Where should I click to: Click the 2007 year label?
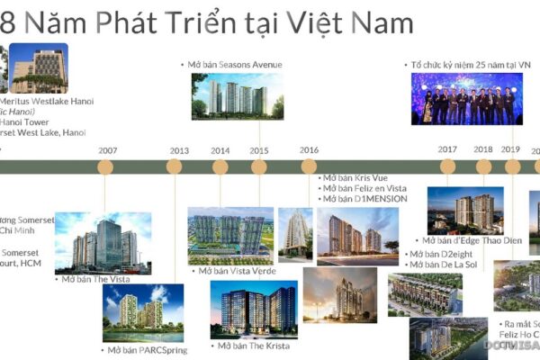[x=107, y=150]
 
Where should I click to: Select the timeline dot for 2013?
[x=175, y=166]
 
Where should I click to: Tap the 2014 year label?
[x=220, y=150]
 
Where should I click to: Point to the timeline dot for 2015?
[x=259, y=166]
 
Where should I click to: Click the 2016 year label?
[x=309, y=150]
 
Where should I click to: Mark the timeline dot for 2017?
[x=447, y=166]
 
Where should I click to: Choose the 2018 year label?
[x=483, y=150]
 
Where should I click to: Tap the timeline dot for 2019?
[x=512, y=166]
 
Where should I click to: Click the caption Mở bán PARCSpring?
[x=146, y=350]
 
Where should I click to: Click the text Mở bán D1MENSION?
[x=364, y=199]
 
